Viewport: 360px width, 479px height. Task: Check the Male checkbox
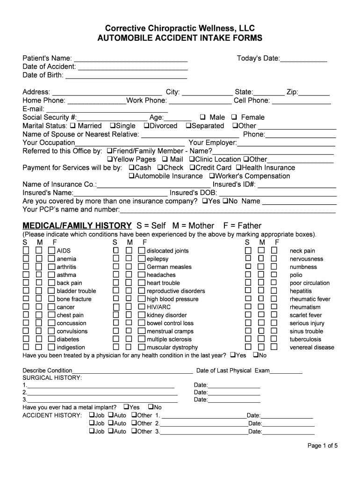[203, 117]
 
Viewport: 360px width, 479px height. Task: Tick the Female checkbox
[234, 117]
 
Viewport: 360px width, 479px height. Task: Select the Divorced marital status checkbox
[146, 126]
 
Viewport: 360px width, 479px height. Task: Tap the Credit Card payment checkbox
[192, 168]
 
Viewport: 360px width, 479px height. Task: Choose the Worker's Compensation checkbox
[211, 176]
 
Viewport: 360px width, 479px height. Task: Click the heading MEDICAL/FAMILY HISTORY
[77, 226]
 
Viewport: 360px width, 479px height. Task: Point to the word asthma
[66, 275]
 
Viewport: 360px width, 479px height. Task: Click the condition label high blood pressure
[173, 299]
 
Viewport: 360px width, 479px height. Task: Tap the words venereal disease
[312, 348]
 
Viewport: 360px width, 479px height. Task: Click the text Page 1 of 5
[322, 446]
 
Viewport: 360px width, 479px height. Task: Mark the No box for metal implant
[151, 407]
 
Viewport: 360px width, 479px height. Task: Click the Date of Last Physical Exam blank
[286, 371]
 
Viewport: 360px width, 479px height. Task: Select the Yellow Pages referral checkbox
[110, 160]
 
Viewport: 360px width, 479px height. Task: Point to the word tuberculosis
[305, 340]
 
